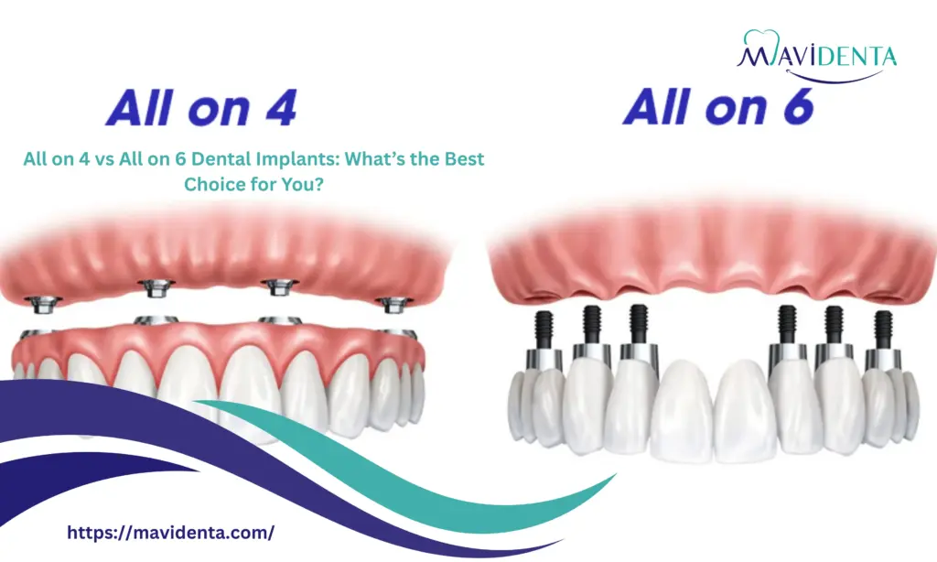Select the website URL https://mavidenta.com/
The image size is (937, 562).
[171, 532]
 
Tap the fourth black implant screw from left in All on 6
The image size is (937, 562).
[787, 321]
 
